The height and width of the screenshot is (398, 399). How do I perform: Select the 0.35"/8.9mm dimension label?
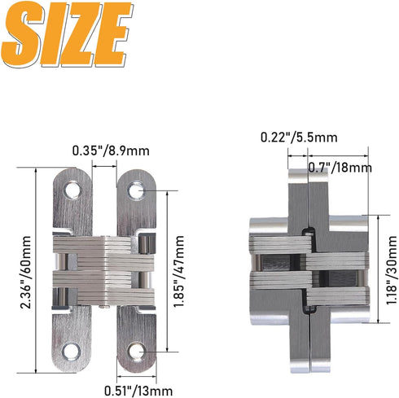coord(112,150)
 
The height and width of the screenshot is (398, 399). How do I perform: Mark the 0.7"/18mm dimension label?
coord(340,167)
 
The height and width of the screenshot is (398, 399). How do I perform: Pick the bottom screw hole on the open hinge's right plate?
coord(134,351)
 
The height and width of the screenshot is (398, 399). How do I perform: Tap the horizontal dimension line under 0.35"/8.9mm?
coord(105,165)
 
